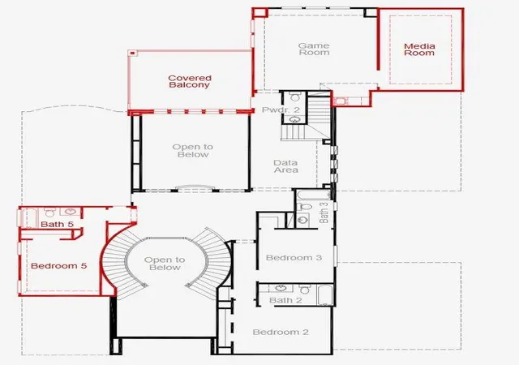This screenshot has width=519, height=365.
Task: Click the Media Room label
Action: pos(419,49)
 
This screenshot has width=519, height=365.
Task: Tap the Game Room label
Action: pos(314,49)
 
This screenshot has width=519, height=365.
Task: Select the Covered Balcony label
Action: pos(190,81)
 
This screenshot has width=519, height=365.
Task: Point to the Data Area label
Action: pos(286,166)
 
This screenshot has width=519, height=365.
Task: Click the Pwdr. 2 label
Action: pos(281,109)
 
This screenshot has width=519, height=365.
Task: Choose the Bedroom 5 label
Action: pos(59,265)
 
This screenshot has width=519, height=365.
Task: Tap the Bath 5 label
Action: pos(58,224)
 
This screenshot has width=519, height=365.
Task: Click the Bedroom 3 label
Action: pos(294,258)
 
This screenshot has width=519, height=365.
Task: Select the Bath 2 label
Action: pos(285,300)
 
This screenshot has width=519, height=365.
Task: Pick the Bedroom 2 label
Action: pos(281,332)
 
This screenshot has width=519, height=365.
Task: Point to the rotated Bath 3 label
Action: pos(324,213)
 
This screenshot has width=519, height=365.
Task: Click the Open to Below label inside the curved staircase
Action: pos(165,264)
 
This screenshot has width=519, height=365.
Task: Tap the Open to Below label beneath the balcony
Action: pos(193,151)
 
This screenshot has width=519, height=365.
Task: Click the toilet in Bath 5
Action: pos(49,213)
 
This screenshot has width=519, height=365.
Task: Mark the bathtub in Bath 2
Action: pos(325,294)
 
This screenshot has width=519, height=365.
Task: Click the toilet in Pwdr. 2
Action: pos(294,97)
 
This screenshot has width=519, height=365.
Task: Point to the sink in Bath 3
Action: pos(302,220)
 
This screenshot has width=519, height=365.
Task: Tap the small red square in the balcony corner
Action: pos(132,53)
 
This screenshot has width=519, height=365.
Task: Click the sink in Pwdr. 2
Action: pos(294,119)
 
